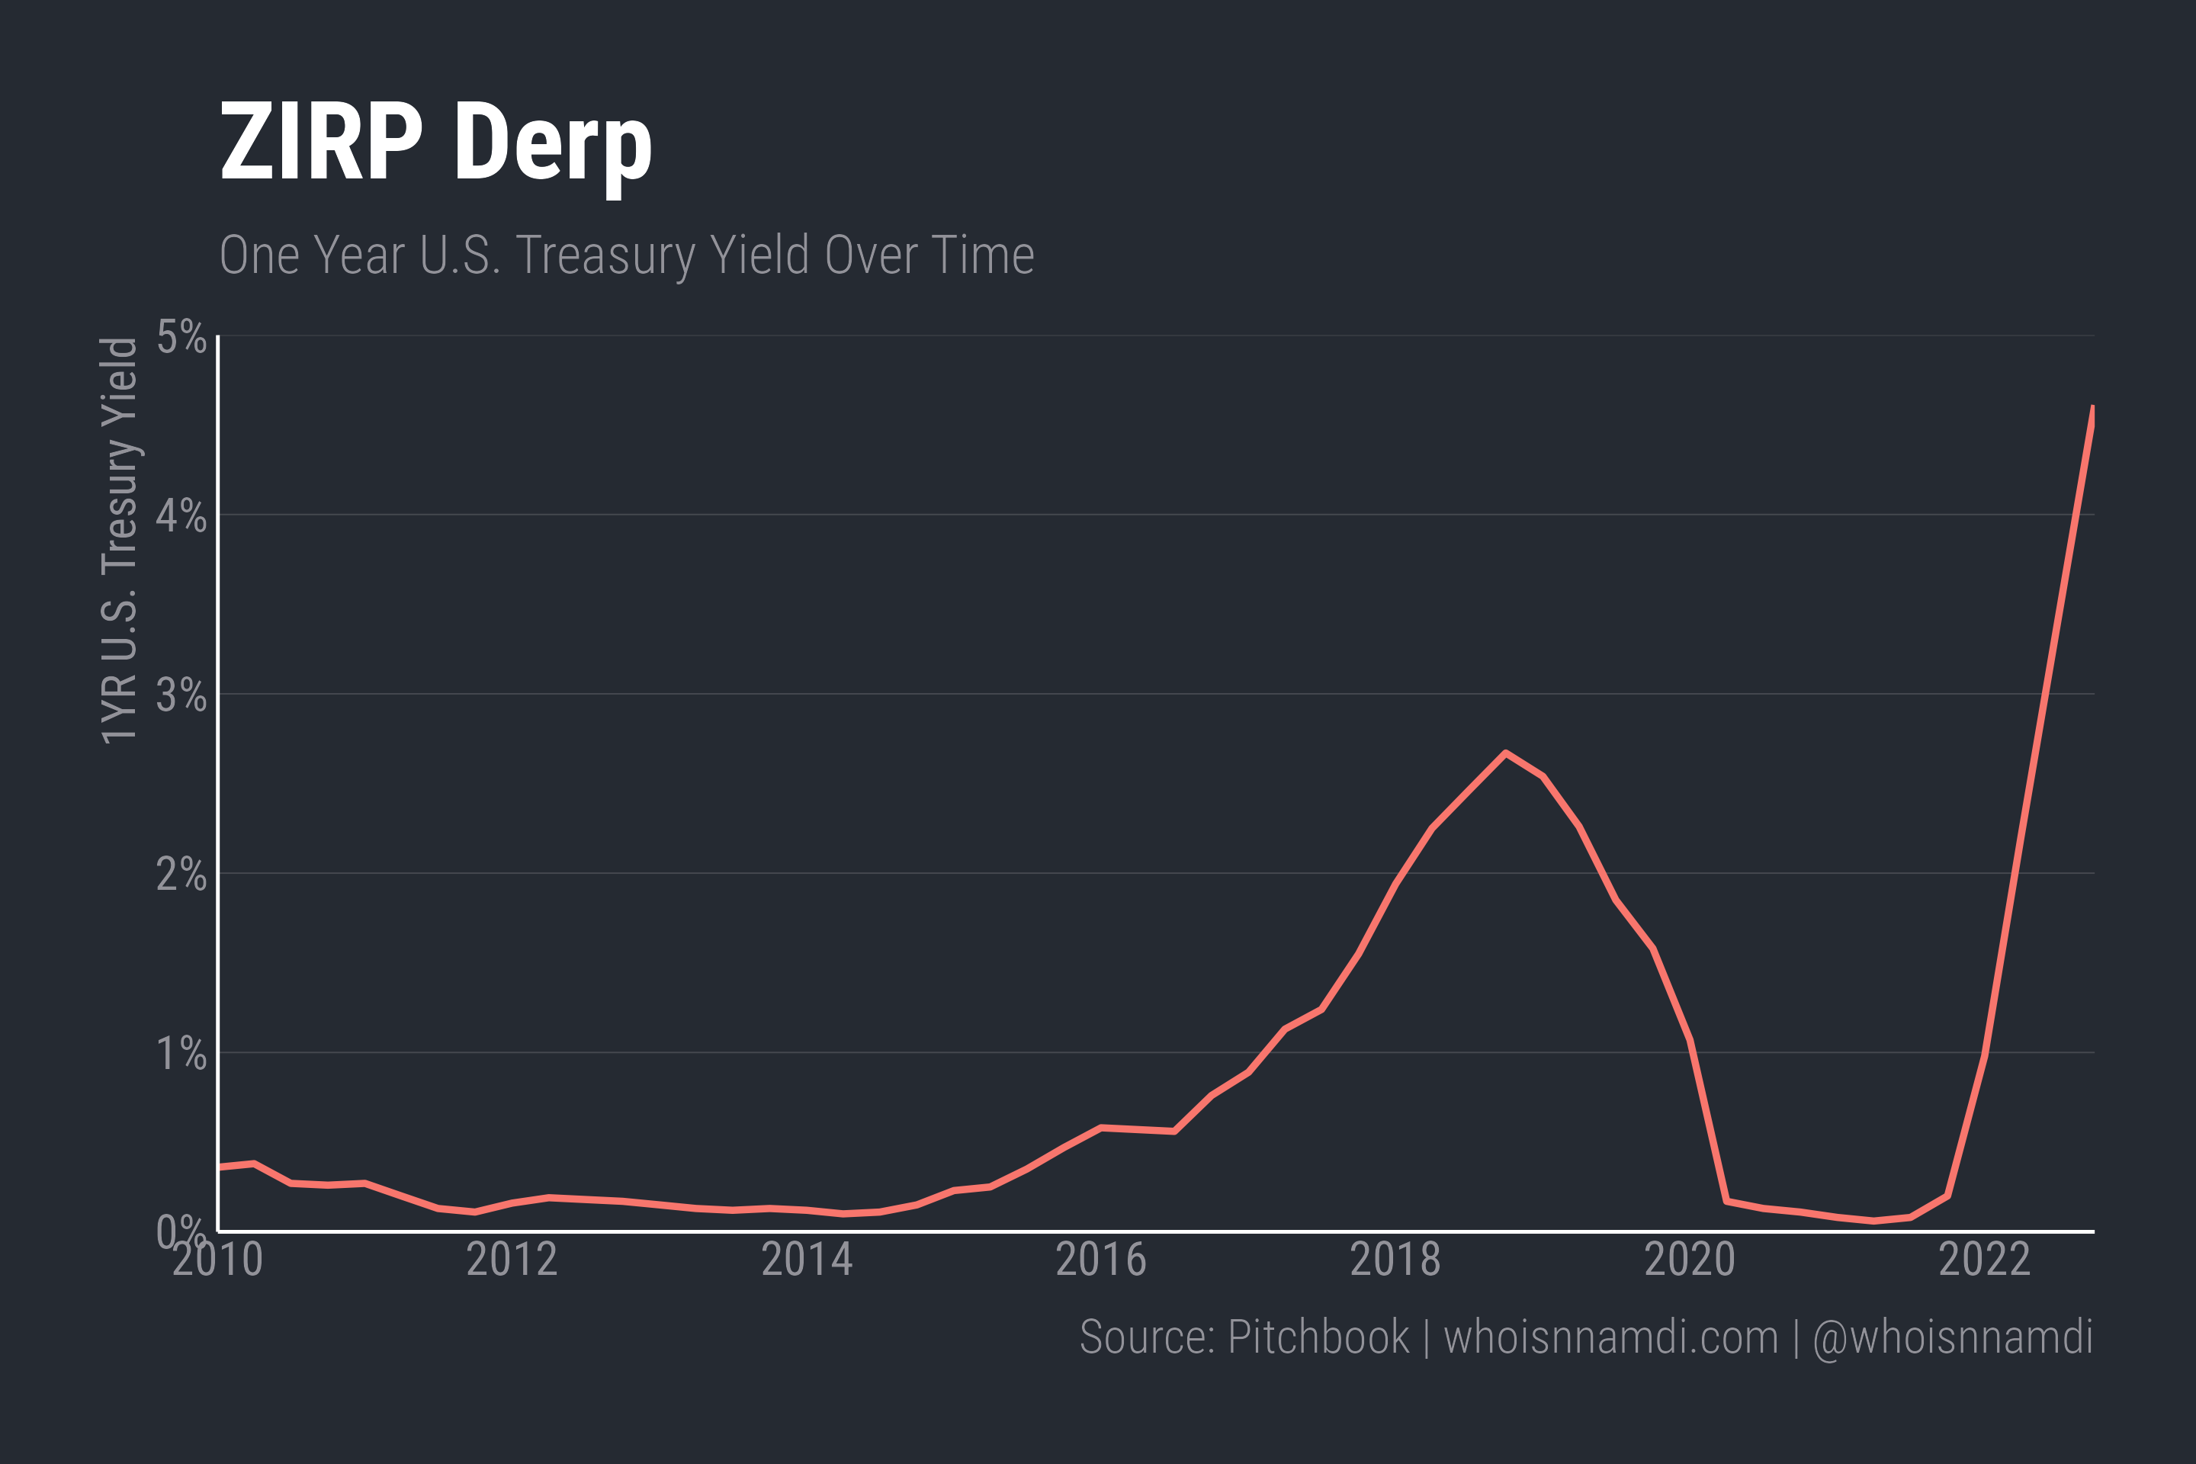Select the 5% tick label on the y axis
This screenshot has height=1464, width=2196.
(x=181, y=337)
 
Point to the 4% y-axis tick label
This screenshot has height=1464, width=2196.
(x=181, y=515)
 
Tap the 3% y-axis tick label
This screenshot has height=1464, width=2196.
(x=181, y=695)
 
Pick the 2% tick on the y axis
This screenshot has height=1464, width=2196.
(x=181, y=875)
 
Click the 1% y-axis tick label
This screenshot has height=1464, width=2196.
(x=181, y=1054)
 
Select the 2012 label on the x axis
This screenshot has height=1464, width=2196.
(x=512, y=1260)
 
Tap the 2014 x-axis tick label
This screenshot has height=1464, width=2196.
(x=807, y=1260)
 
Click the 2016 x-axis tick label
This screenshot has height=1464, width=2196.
(x=1101, y=1260)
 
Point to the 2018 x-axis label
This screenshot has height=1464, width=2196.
(x=1396, y=1260)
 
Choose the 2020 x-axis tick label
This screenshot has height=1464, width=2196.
(x=1690, y=1260)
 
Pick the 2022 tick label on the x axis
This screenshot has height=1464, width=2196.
(x=1985, y=1260)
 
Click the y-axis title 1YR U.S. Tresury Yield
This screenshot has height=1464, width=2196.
(x=120, y=541)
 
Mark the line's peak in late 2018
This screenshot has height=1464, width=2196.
(x=1505, y=753)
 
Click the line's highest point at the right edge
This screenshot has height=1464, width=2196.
(x=2092, y=409)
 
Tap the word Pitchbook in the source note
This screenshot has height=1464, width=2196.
(x=1318, y=1337)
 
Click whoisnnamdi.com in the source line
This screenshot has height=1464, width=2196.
(x=1610, y=1337)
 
